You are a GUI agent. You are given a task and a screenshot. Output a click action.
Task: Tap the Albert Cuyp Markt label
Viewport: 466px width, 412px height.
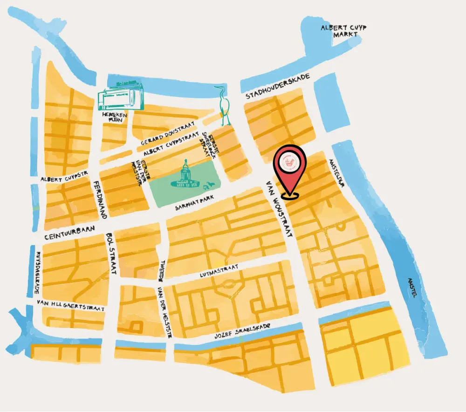point(343,31)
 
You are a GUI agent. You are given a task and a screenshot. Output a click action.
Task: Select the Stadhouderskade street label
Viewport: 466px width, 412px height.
point(277,87)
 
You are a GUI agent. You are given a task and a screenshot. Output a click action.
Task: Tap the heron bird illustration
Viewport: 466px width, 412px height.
point(223,105)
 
